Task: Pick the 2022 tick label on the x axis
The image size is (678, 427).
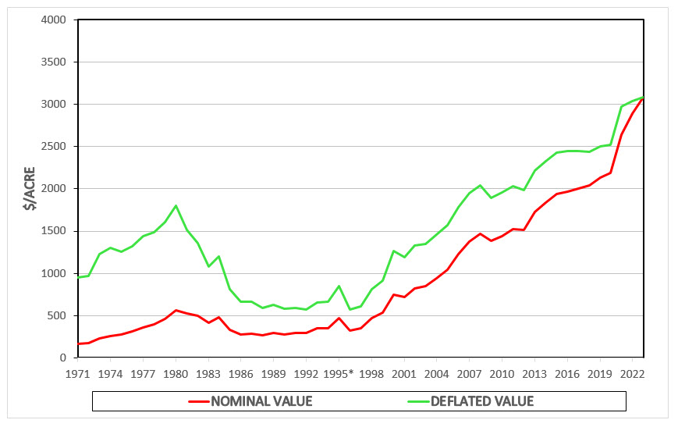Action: click(632, 373)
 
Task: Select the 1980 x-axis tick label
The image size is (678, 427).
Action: click(176, 373)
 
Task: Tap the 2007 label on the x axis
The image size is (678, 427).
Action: click(469, 373)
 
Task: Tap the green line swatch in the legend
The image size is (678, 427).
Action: click(421, 401)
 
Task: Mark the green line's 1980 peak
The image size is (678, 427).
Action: click(176, 205)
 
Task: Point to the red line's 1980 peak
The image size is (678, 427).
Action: click(176, 310)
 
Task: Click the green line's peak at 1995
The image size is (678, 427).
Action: click(339, 286)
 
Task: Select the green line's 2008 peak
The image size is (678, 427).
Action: click(480, 185)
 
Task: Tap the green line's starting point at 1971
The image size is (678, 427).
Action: click(79, 277)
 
